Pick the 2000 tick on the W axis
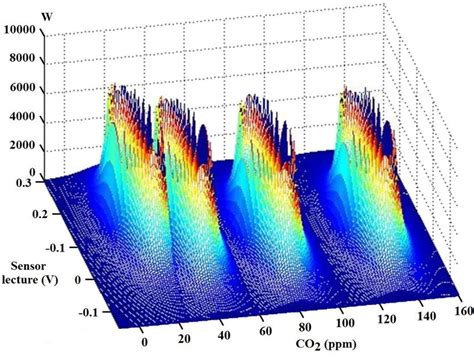click(24, 145)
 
